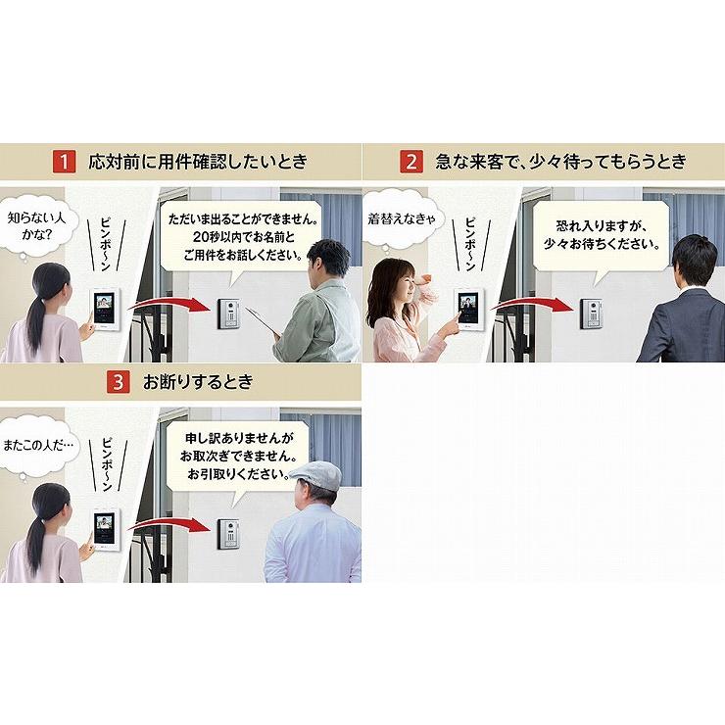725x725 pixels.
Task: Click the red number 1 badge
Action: (64, 162)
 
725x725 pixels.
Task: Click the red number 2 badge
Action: (411, 162)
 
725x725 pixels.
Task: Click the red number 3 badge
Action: (119, 382)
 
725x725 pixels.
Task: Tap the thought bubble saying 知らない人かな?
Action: (36, 225)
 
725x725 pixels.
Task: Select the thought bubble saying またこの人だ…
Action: (37, 446)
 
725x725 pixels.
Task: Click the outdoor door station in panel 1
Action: (229, 314)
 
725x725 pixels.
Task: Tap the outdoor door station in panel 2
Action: (592, 314)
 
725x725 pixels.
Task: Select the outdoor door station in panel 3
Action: (229, 534)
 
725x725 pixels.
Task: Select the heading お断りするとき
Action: (198, 382)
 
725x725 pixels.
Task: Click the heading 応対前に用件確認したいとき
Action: (198, 162)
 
